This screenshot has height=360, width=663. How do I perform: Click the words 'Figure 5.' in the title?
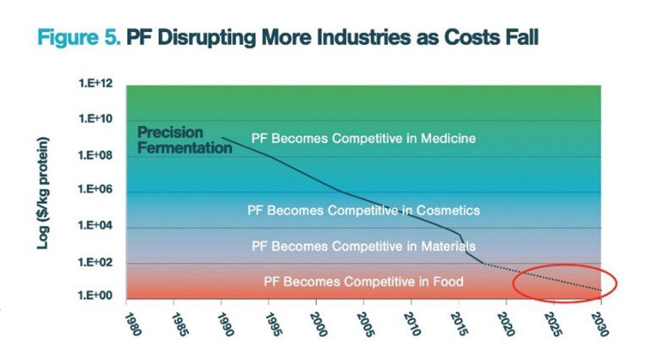point(79,37)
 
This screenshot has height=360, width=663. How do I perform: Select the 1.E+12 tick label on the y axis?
point(96,83)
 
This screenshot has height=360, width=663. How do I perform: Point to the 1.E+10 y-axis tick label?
point(96,119)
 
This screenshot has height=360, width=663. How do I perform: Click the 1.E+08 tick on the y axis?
point(96,155)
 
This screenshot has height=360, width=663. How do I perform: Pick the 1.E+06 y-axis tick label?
point(96,189)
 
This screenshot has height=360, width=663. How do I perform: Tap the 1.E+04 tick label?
point(96,225)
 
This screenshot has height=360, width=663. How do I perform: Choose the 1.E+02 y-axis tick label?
point(96,263)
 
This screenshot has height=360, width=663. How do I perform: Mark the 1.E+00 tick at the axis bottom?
point(96,295)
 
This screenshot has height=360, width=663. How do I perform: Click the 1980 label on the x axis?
point(133,324)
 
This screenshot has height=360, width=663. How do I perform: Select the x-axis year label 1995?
point(274,324)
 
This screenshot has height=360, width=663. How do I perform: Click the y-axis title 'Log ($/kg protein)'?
point(43,192)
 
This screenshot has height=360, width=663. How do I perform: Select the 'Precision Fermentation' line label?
point(185,140)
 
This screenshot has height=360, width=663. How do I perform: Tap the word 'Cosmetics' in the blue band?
point(448,210)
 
